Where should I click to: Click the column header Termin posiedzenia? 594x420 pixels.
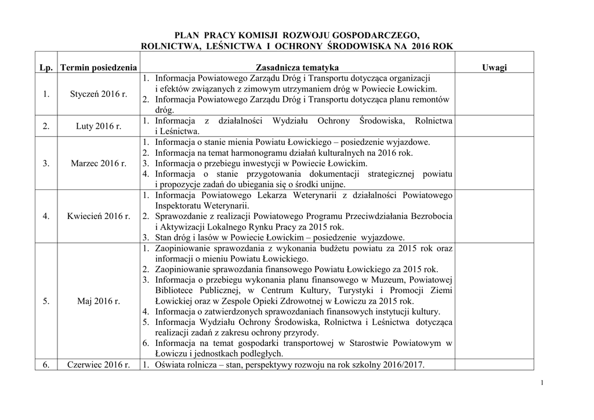pyautogui.click(x=99, y=68)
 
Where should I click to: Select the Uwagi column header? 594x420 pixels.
pyautogui.click(x=494, y=68)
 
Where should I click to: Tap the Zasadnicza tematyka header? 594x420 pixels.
pyautogui.click(x=297, y=68)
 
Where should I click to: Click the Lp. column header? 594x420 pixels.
pyautogui.click(x=46, y=68)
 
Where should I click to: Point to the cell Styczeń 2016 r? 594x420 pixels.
pyautogui.click(x=99, y=94)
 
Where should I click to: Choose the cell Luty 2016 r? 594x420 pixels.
pyautogui.click(x=99, y=126)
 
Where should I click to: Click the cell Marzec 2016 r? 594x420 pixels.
pyautogui.click(x=99, y=163)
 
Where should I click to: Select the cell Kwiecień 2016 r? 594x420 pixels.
pyautogui.click(x=99, y=216)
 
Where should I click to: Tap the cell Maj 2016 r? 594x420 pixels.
pyautogui.click(x=99, y=301)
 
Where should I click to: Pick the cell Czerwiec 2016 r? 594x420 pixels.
pyautogui.click(x=99, y=365)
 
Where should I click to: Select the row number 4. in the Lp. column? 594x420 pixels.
pyautogui.click(x=46, y=216)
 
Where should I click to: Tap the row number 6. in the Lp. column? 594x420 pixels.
pyautogui.click(x=46, y=365)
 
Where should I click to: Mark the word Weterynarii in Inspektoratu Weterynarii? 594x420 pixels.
pyautogui.click(x=229, y=206)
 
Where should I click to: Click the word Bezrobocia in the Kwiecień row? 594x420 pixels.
pyautogui.click(x=431, y=216)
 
